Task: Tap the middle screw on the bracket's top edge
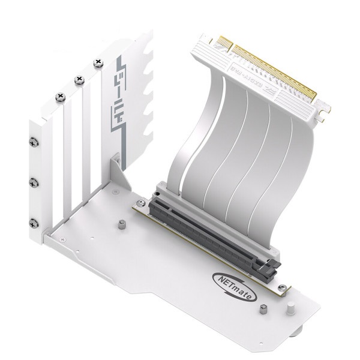(77, 79)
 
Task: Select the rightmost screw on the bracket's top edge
(97, 62)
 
